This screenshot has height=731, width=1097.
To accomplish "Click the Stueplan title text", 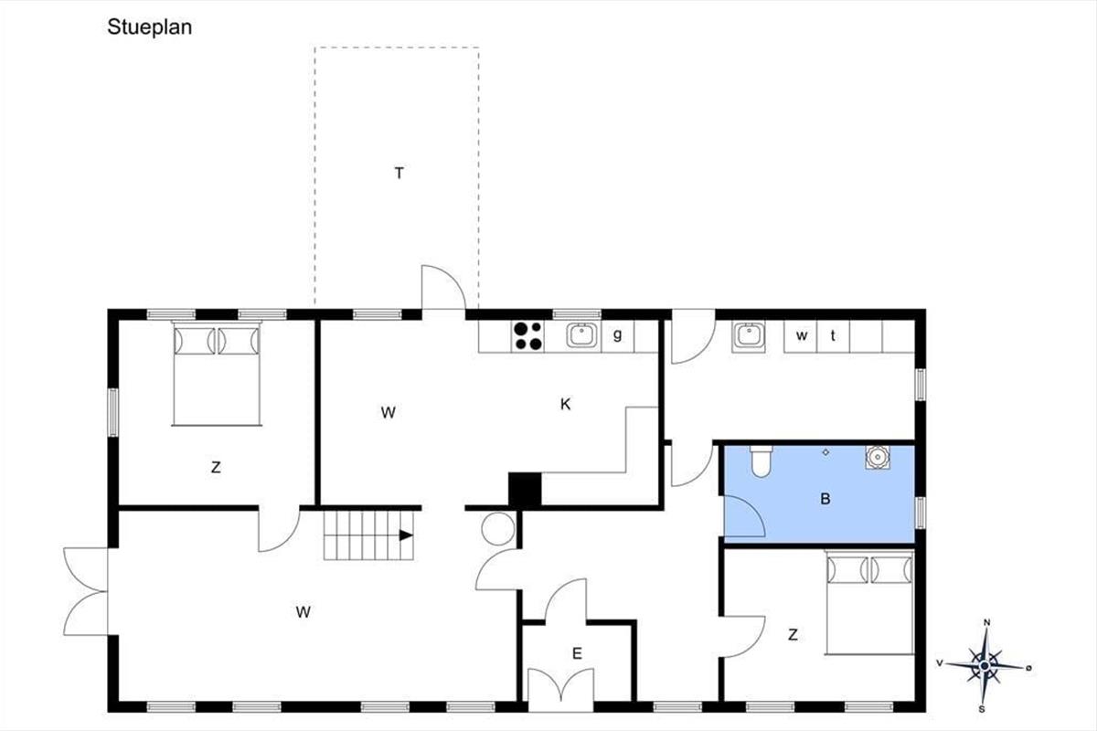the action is [x=149, y=27].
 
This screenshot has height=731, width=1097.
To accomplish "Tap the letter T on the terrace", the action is [x=399, y=174].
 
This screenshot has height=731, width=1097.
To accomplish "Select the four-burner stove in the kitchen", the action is [x=528, y=336].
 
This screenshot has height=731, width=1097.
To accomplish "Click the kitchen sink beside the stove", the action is [x=581, y=336].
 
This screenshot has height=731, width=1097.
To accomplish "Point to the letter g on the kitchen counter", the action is [x=618, y=335].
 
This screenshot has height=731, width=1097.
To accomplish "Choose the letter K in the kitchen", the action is [x=565, y=405].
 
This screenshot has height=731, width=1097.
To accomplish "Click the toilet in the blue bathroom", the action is [x=761, y=461].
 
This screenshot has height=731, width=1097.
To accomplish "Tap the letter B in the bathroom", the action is [x=825, y=499].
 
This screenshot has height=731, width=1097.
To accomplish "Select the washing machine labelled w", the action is [x=801, y=336].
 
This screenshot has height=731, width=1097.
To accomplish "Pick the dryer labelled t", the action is [x=833, y=336].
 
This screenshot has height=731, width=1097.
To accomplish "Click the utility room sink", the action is [x=749, y=336].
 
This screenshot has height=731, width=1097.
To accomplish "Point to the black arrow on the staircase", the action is [x=406, y=535].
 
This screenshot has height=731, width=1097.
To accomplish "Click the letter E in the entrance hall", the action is [x=577, y=653].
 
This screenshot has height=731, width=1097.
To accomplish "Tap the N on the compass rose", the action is [x=986, y=623].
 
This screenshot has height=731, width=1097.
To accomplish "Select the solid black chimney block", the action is [x=525, y=490].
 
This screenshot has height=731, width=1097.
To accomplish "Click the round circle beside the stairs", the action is [x=498, y=529].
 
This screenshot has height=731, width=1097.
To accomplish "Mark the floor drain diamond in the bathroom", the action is [x=825, y=452].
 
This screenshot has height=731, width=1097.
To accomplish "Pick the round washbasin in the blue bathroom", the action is [x=878, y=457].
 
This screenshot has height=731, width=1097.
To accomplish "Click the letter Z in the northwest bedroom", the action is [x=216, y=468].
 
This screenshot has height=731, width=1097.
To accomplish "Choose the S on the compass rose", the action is [x=982, y=709].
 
